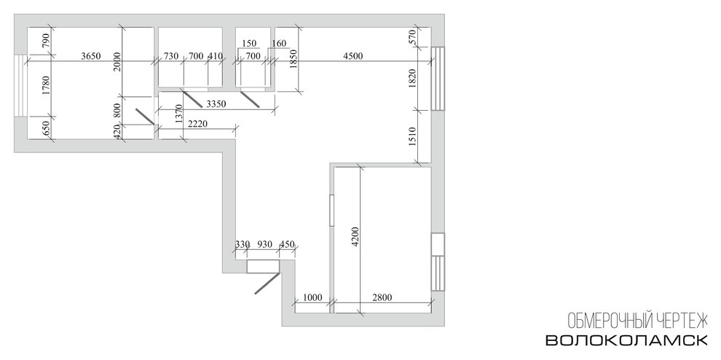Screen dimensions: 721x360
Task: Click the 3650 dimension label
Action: [90, 57]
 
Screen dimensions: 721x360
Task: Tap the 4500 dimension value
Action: [353, 57]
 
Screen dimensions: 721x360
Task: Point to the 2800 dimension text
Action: [382, 298]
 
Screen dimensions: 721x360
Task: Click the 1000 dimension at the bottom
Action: [313, 298]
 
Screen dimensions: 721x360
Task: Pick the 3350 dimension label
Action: [216, 104]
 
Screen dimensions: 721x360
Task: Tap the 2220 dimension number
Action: [198, 124]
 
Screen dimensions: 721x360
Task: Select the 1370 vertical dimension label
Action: [179, 116]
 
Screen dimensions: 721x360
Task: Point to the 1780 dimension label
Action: [45, 85]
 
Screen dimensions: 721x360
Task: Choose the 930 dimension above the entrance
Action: [264, 244]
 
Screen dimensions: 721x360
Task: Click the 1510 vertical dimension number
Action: [412, 137]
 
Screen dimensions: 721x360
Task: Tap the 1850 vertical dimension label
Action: [294, 59]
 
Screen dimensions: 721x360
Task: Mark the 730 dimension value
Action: [171, 57]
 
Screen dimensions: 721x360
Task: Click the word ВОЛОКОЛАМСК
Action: [626, 340]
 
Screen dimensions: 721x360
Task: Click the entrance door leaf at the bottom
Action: [267, 283]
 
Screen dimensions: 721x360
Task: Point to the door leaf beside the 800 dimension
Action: [145, 117]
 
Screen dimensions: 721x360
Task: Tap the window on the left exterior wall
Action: [21, 86]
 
